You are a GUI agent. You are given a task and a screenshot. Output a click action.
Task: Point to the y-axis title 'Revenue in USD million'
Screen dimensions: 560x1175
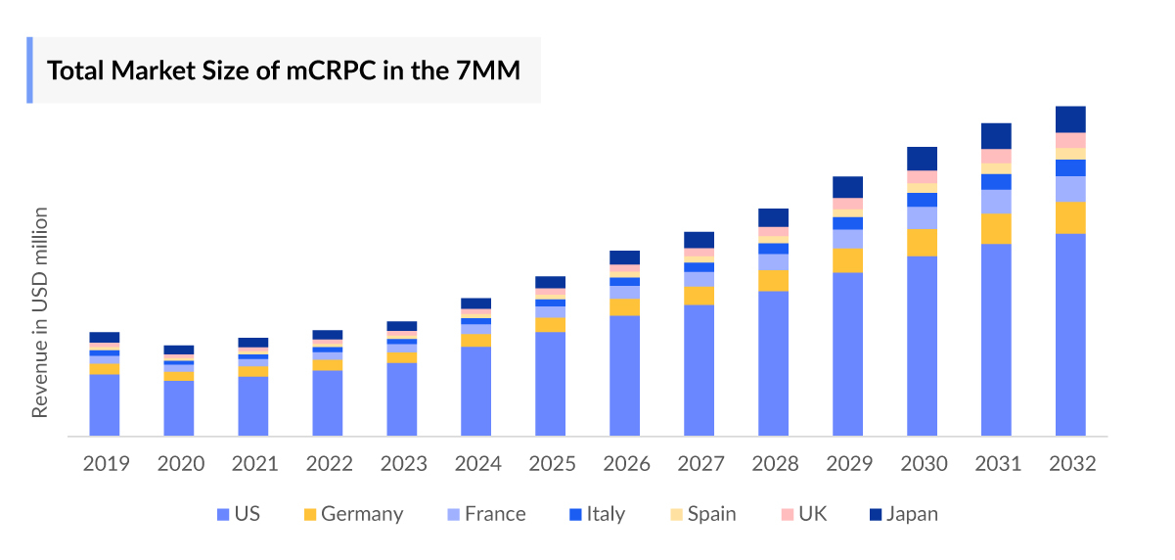click(40, 312)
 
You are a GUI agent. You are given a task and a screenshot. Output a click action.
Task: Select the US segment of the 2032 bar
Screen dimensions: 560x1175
click(1070, 334)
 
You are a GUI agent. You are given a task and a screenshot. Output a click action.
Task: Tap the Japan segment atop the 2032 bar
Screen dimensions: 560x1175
click(1070, 118)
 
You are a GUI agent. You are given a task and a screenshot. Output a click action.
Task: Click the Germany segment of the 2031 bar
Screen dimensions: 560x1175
click(996, 228)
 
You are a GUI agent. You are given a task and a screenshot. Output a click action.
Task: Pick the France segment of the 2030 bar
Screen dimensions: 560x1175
click(922, 217)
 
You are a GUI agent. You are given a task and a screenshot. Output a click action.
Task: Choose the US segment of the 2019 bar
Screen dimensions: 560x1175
click(105, 404)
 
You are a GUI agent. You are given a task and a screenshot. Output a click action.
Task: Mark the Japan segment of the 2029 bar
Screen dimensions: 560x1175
click(847, 187)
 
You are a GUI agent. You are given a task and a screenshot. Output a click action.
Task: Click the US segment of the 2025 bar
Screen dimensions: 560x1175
click(550, 384)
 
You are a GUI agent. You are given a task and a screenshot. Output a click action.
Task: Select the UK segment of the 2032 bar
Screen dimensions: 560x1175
click(1070, 140)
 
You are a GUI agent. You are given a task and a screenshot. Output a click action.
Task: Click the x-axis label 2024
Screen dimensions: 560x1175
click(475, 464)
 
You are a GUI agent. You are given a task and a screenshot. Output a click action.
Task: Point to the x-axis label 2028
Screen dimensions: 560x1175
click(773, 464)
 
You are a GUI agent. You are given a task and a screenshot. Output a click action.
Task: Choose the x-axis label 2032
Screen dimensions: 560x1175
click(1070, 464)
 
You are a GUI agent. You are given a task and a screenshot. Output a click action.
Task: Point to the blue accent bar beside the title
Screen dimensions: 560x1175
click(29, 70)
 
